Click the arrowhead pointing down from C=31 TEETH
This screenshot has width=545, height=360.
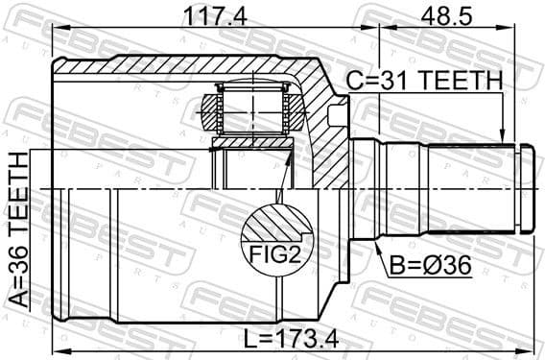[x=502, y=140]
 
